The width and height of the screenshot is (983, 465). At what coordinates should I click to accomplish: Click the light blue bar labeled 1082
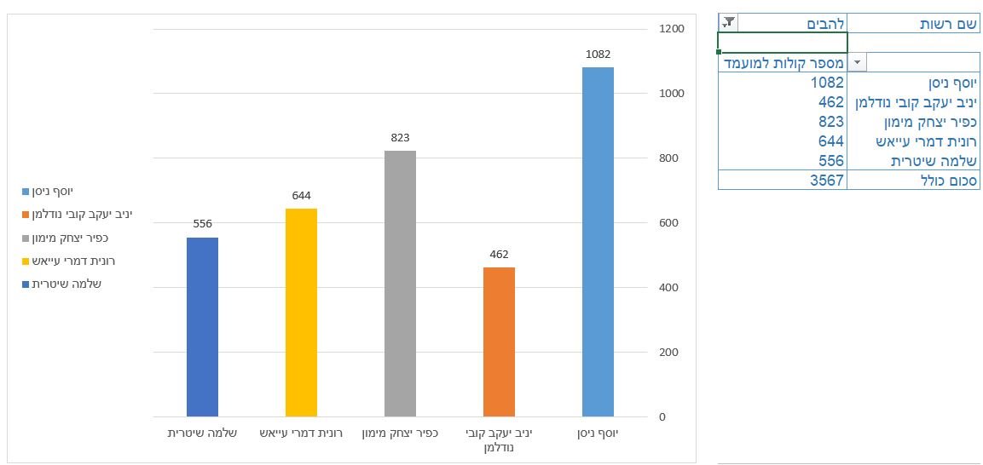point(598,242)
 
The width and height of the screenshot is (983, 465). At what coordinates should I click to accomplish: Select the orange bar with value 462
point(499,342)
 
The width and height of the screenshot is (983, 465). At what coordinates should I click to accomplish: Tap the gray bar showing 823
point(400,284)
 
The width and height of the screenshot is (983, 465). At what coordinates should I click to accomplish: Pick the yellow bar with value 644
point(301,313)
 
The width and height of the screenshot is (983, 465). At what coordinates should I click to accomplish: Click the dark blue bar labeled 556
point(202,327)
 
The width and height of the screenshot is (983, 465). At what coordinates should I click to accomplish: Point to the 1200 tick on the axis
point(672,29)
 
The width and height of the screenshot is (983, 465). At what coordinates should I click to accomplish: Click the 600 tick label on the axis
point(668,223)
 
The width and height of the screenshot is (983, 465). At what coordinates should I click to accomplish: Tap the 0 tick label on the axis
point(662,417)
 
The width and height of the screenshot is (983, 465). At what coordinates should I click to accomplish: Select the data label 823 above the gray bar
point(400,137)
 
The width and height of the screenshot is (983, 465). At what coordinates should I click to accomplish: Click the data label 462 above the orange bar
point(499,254)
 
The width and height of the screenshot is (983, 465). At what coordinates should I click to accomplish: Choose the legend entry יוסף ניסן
point(58,192)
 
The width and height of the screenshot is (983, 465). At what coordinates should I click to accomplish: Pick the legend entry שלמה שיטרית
point(66,284)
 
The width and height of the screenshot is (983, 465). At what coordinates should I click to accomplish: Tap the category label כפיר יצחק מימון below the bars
point(400,433)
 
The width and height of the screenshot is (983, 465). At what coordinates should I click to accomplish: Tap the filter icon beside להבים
point(728,23)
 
